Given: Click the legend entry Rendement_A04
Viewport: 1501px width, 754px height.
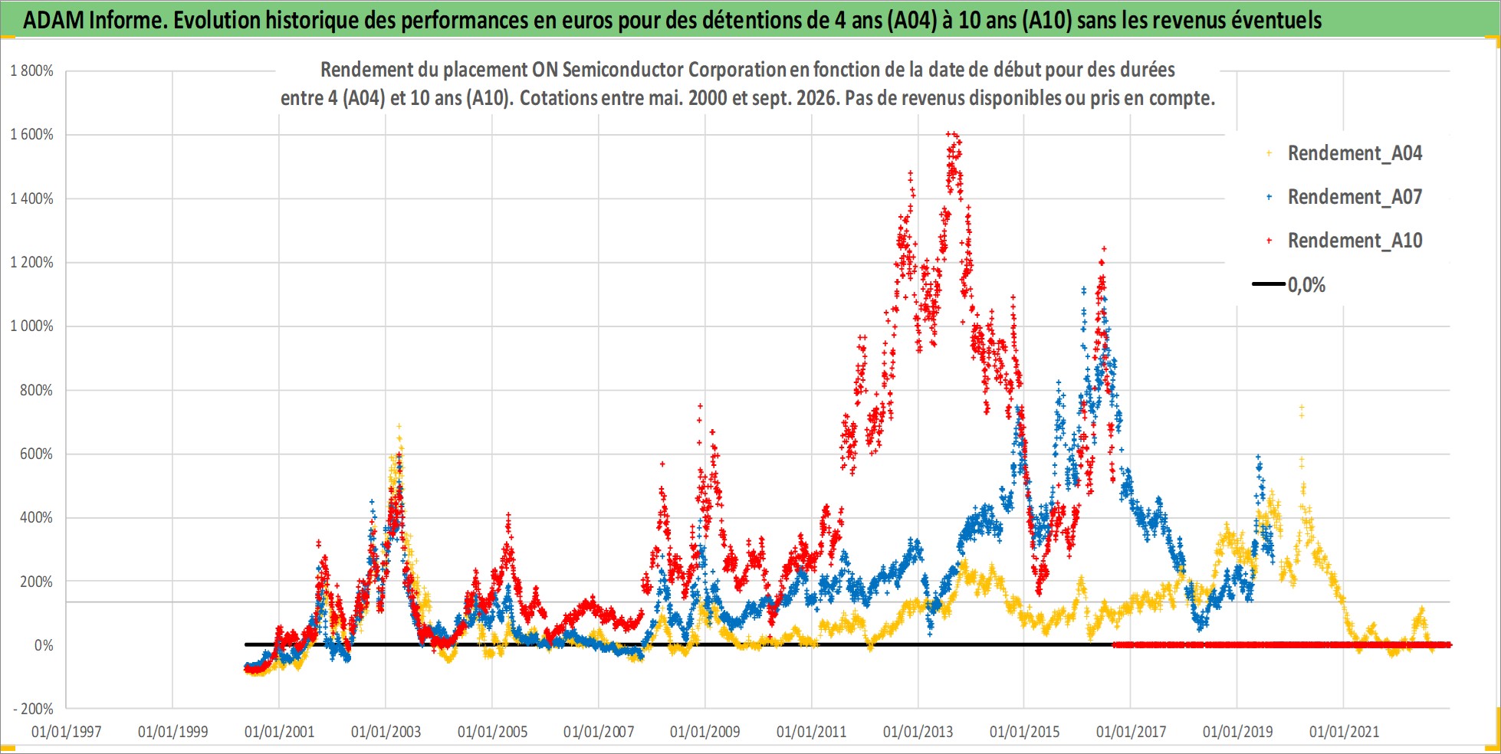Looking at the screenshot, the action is (x=1345, y=153).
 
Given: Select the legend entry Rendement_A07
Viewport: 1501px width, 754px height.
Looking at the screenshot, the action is (x=1345, y=197).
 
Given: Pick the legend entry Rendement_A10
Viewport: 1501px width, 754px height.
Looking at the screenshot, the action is (x=1345, y=241).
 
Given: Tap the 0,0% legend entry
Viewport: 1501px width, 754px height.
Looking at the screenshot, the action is (x=1289, y=285).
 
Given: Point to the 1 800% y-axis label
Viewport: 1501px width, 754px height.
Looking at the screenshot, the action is (x=31, y=71).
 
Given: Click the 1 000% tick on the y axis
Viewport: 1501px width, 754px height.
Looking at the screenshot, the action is (x=31, y=326).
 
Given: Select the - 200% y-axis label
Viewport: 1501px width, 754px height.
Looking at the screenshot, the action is (x=34, y=710).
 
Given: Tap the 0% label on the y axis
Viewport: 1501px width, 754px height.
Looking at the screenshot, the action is (x=44, y=646).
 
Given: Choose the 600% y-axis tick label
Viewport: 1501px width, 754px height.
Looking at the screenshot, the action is (x=37, y=454).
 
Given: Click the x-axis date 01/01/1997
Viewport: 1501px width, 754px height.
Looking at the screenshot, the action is (x=67, y=732).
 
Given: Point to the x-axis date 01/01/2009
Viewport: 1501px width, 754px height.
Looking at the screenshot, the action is (x=705, y=732).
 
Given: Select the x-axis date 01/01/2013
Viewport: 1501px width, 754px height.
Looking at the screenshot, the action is (x=918, y=732).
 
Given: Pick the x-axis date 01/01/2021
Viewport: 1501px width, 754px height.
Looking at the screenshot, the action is (x=1344, y=732).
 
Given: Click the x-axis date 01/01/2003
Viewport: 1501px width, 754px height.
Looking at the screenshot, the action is (x=386, y=732).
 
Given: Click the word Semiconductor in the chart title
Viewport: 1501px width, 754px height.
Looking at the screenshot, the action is (x=622, y=70).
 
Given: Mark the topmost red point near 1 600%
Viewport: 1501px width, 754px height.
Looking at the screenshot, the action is (x=948, y=134).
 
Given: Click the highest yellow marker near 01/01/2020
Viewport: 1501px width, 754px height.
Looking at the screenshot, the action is (x=1301, y=407).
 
